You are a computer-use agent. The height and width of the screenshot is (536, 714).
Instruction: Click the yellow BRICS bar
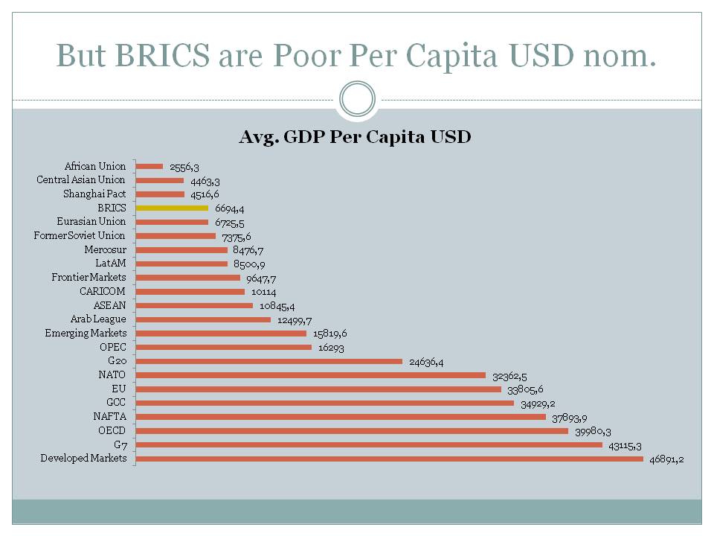click(172, 208)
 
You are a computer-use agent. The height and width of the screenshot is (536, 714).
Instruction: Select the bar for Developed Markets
click(390, 459)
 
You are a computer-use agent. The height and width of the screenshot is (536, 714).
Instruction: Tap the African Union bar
click(149, 166)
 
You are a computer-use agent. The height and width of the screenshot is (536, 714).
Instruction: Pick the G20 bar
click(269, 361)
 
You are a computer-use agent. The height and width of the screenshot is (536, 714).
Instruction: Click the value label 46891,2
click(666, 459)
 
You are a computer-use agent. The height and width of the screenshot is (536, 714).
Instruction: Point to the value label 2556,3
click(184, 167)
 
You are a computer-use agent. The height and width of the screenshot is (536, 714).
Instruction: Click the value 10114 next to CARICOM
click(263, 292)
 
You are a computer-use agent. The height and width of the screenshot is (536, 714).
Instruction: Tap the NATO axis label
click(112, 375)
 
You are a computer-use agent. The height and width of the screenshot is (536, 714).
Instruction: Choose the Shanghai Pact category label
click(94, 194)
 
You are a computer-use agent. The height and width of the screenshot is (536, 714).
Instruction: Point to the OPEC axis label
click(113, 347)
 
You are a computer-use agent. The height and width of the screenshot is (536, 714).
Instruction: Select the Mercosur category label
click(105, 249)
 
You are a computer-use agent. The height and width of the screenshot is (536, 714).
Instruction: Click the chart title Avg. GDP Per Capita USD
click(355, 138)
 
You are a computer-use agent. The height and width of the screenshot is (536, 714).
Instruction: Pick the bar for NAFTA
click(341, 417)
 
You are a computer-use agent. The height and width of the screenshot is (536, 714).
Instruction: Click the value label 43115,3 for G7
click(626, 445)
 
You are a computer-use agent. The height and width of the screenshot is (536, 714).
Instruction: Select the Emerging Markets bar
click(221, 334)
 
